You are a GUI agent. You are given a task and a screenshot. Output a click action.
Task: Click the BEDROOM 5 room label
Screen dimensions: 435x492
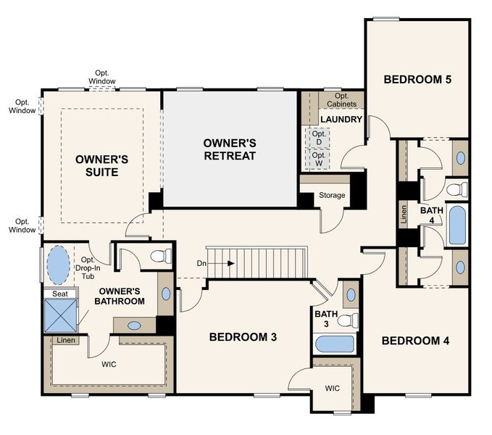pos(417,79)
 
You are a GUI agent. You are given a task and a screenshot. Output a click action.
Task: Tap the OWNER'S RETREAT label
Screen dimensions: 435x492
pos(229,149)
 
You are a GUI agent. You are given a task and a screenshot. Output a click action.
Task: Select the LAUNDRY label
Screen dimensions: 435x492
pos(341,119)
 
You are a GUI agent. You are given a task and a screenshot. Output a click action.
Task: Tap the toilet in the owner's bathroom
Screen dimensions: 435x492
pos(163,255)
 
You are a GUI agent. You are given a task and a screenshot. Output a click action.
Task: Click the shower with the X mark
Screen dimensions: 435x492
pos(61,315)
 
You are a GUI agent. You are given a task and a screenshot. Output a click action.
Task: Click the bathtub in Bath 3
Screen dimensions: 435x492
pos(334,344)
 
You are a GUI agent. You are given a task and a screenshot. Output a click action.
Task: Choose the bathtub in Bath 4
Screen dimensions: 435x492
pos(457,225)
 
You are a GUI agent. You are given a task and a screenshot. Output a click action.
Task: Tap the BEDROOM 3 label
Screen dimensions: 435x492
pos(243,337)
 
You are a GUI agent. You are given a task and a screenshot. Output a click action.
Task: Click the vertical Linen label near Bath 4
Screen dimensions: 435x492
pos(404,214)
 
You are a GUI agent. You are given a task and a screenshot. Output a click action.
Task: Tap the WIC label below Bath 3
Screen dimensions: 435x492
pos(332,389)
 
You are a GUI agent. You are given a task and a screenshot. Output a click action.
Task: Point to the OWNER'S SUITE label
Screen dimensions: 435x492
pos(102,166)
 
